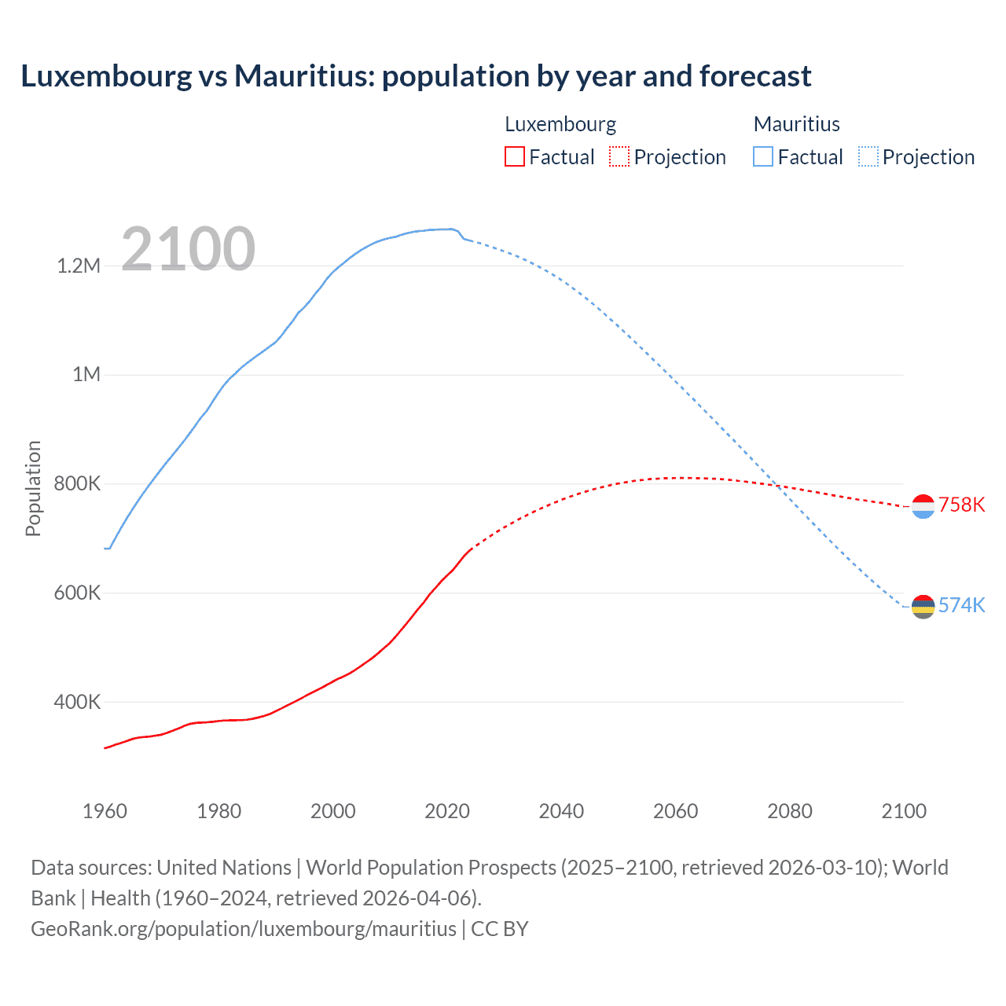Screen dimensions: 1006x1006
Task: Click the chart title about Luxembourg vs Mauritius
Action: [416, 76]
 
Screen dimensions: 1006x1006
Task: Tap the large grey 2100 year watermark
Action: [188, 249]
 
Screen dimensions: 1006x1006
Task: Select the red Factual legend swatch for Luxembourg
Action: [514, 156]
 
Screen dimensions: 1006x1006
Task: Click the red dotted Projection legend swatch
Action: [619, 156]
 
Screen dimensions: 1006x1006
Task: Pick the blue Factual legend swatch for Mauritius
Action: [762, 156]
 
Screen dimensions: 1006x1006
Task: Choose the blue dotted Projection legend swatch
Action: [868, 156]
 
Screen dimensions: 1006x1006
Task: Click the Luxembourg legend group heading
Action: [560, 124]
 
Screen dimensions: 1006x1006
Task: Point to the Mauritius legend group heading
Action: [796, 124]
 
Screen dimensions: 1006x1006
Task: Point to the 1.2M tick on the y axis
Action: [79, 266]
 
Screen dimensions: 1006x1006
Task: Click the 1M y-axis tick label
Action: [86, 374]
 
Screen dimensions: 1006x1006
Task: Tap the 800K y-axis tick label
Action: [77, 483]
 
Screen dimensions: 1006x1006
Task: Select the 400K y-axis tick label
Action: [77, 702]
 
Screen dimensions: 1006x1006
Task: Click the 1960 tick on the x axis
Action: [105, 811]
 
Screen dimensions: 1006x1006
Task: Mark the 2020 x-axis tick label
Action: [447, 811]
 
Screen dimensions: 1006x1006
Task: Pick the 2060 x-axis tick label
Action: [675, 811]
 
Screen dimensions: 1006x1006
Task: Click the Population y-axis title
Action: [33, 488]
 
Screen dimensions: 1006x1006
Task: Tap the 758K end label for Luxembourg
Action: [961, 505]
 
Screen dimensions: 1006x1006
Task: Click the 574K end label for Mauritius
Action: [961, 605]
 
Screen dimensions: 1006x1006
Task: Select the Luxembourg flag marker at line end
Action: [923, 507]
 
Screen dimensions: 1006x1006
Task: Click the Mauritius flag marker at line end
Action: [923, 607]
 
